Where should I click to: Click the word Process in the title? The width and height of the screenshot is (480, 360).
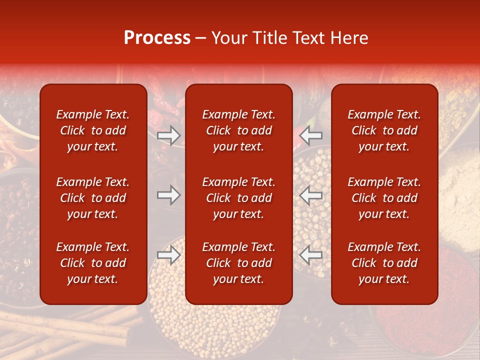pyautogui.click(x=157, y=38)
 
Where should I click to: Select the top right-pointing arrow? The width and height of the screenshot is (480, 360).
pyautogui.click(x=168, y=135)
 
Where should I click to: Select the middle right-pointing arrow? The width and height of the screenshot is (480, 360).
pyautogui.click(x=168, y=195)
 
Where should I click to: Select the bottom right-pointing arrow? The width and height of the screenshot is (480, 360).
pyautogui.click(x=168, y=255)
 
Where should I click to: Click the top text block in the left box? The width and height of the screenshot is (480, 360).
pyautogui.click(x=93, y=130)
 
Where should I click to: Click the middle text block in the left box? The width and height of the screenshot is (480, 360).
pyautogui.click(x=93, y=198)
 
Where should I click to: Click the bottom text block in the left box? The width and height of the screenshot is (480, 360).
pyautogui.click(x=93, y=263)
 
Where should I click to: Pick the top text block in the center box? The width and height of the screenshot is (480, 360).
pyautogui.click(x=238, y=130)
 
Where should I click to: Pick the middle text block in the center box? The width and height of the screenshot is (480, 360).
pyautogui.click(x=238, y=198)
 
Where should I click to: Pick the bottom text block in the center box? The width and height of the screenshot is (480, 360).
pyautogui.click(x=238, y=263)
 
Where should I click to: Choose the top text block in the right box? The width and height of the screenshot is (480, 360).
pyautogui.click(x=384, y=130)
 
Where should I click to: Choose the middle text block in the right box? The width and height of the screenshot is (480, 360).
pyautogui.click(x=384, y=198)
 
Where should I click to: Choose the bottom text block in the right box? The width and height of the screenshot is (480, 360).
pyautogui.click(x=384, y=263)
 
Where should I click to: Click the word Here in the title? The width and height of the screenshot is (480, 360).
pyautogui.click(x=348, y=38)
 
